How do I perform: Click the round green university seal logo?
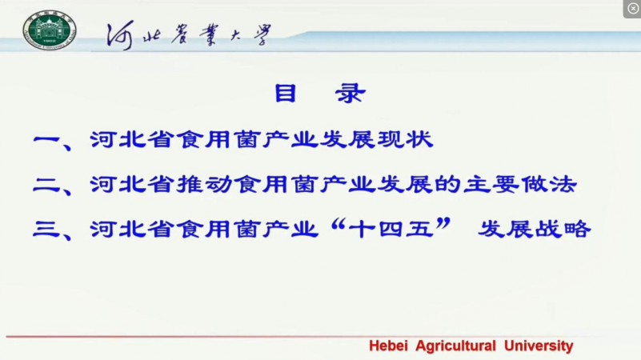pos(50,30)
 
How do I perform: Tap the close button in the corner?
pos(632,9)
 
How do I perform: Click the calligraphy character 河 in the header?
pos(120,35)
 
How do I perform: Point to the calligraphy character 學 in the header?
pos(262,34)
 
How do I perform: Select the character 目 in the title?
pos(285,93)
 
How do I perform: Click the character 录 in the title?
pos(350,93)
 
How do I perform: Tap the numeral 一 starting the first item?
pos(46,140)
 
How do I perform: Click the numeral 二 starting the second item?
pos(46,185)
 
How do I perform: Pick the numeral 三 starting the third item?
pos(46,230)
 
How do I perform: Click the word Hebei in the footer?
pos(388,346)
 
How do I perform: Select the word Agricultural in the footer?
pos(456,346)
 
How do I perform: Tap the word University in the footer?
pos(539,346)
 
